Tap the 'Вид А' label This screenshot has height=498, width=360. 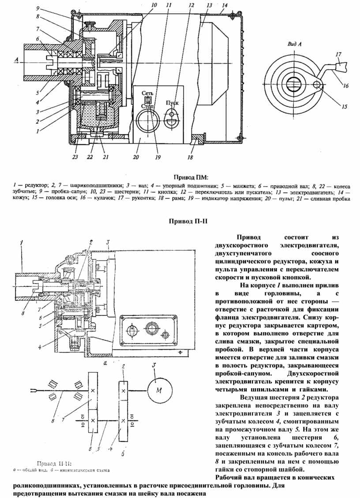[x=294, y=44]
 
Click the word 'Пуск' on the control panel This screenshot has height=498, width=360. [x=172, y=102]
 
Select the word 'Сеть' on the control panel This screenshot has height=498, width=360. [x=148, y=94]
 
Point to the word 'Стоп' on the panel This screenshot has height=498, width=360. [x=148, y=106]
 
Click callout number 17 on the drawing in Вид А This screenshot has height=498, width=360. [x=338, y=55]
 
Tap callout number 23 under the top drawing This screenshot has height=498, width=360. [x=75, y=156]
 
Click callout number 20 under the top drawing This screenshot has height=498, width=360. [x=136, y=156]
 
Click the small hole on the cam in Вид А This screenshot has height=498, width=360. [x=316, y=83]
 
